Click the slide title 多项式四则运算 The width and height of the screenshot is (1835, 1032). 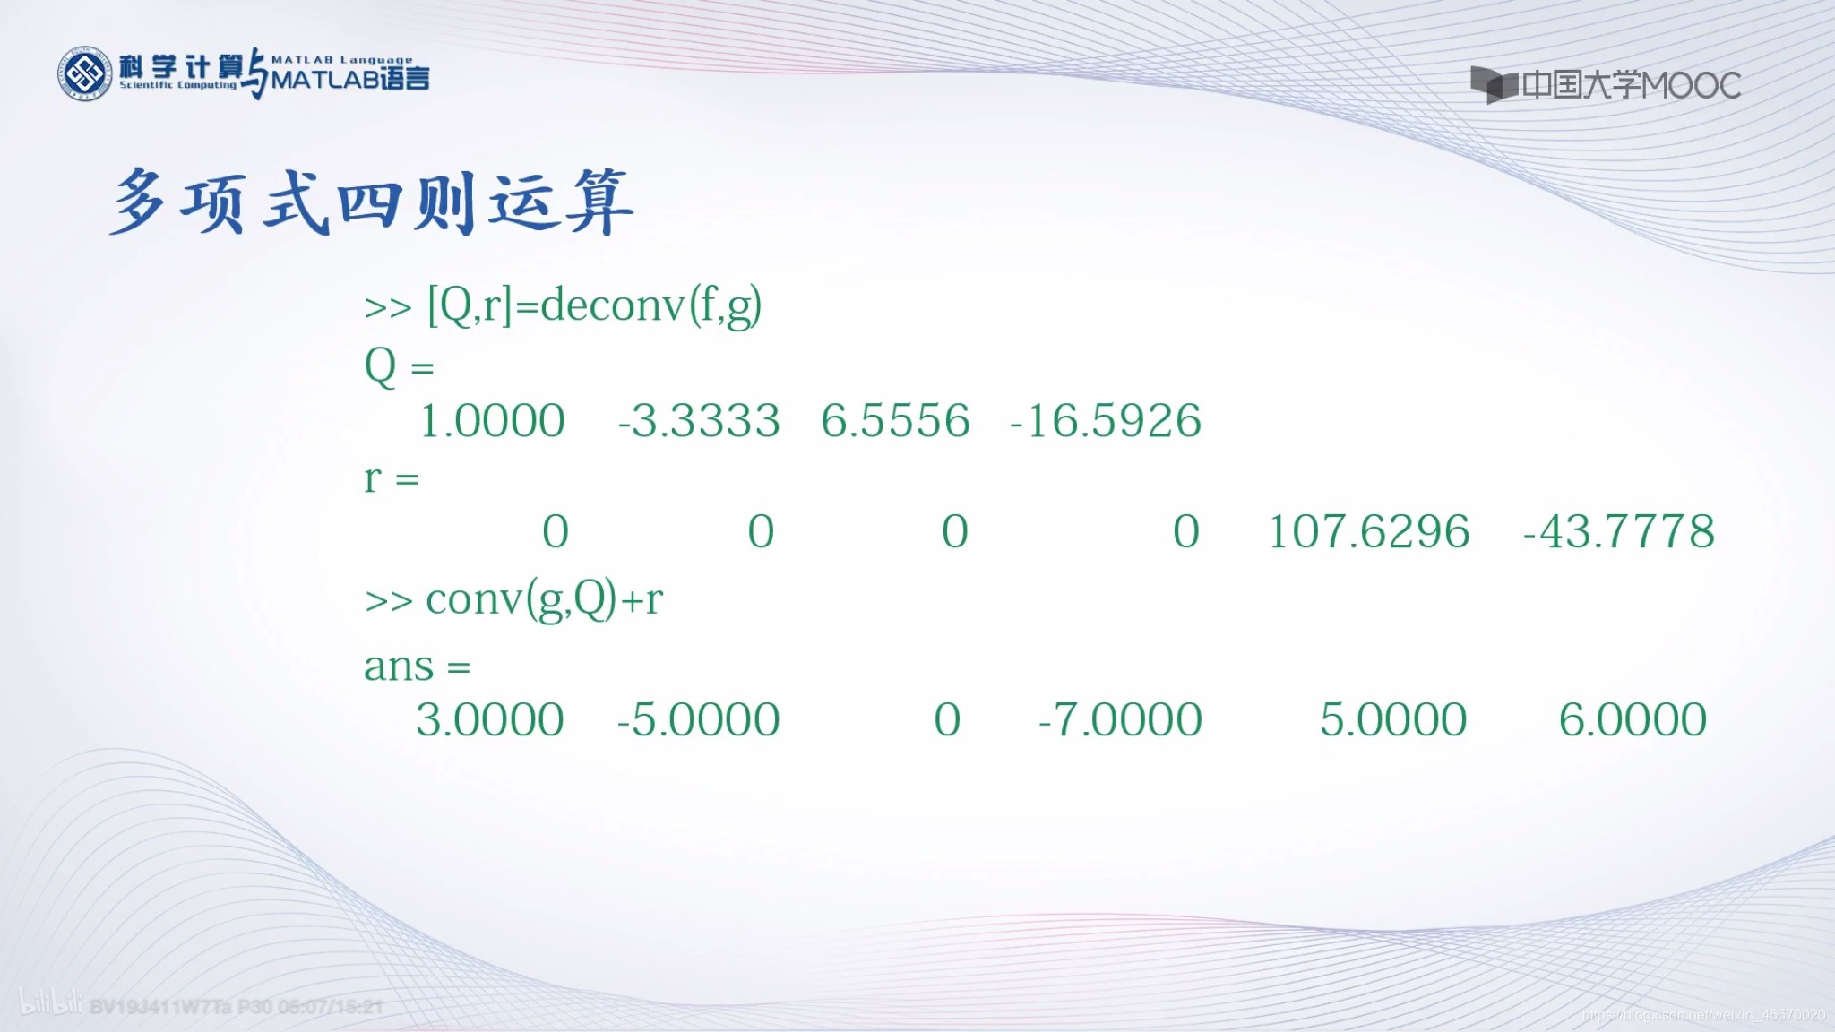tap(372, 202)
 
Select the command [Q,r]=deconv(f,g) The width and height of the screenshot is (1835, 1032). tap(595, 306)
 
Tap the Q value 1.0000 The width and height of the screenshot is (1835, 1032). tap(492, 421)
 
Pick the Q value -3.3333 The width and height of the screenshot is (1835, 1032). tap(699, 421)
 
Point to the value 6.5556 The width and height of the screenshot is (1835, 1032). tap(895, 421)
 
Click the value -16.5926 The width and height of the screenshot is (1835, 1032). tap(1105, 421)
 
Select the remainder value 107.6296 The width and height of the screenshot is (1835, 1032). tap(1369, 532)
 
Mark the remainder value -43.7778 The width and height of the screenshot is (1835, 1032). tap(1618, 532)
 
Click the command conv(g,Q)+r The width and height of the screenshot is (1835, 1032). tap(544, 599)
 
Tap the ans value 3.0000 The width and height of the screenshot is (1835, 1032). tap(489, 720)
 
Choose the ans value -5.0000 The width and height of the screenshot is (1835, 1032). tap(698, 720)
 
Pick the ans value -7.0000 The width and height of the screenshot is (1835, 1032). tap(1120, 720)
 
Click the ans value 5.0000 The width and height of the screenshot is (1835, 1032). tap(1392, 720)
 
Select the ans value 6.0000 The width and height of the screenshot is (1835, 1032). tap(1633, 720)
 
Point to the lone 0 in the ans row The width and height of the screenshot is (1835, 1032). tap(947, 720)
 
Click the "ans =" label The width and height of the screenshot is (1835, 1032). tap(417, 666)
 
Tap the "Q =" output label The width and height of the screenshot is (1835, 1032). tap(399, 366)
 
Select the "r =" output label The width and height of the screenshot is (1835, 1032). tap(391, 478)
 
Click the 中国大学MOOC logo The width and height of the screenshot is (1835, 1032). tap(1605, 85)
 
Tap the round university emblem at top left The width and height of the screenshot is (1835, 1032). tap(84, 74)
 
